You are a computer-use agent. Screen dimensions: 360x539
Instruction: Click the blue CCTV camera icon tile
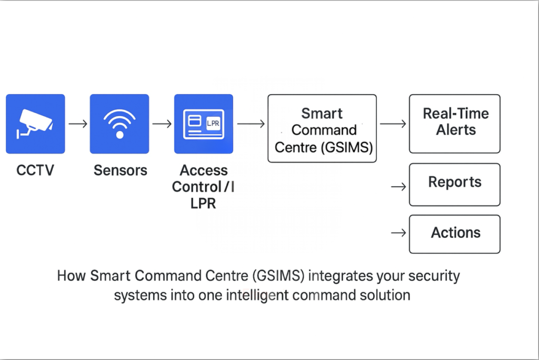tap(35, 124)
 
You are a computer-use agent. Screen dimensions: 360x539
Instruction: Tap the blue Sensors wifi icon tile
tap(119, 124)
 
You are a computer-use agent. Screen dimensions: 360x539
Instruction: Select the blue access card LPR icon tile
tap(204, 124)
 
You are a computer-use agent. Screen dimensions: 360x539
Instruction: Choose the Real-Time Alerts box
tap(455, 124)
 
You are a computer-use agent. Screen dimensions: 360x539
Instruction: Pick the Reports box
tap(455, 184)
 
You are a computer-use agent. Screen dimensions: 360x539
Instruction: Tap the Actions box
tap(455, 234)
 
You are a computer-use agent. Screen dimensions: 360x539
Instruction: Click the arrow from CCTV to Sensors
tap(78, 124)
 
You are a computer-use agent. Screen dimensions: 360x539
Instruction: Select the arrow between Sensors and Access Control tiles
tap(162, 124)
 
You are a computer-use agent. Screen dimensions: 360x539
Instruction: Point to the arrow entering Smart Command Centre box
tap(251, 124)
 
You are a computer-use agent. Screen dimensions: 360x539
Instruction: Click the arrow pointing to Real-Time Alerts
tap(393, 124)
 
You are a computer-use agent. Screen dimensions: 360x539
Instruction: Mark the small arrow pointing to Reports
tap(398, 186)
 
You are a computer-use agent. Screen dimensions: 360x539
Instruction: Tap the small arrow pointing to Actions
tap(398, 233)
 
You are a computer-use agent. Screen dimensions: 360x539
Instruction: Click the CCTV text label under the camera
tap(35, 171)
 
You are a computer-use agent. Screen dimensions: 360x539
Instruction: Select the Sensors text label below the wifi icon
tap(120, 171)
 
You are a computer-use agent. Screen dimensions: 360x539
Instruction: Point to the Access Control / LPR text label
tap(204, 186)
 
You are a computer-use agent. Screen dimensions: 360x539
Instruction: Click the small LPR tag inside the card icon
tap(213, 123)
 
